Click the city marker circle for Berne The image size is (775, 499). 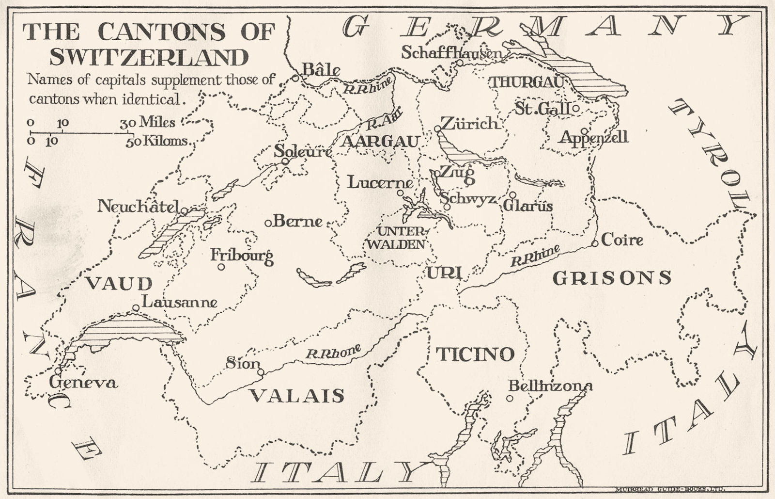[268, 223]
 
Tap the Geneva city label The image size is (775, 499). [83, 383]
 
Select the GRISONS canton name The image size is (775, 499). [612, 278]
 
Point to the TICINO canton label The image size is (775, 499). [475, 354]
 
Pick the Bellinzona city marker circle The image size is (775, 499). [510, 399]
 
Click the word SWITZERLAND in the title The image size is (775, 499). [149, 57]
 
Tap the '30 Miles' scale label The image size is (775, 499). [148, 122]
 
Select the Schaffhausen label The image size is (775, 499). [451, 52]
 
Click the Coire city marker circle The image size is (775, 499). [595, 243]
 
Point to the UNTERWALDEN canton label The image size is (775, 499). [395, 238]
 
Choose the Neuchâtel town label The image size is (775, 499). [139, 206]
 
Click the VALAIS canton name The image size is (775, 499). [296, 396]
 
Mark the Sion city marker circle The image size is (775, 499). [261, 372]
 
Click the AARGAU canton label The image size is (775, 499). [380, 142]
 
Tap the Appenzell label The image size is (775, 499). [594, 137]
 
